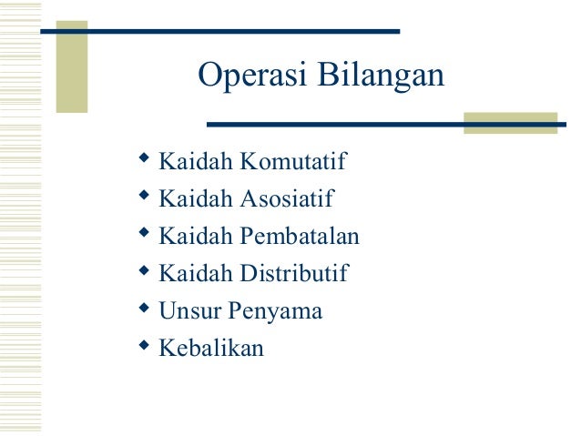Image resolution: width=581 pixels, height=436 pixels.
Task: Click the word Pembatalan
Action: coord(301,237)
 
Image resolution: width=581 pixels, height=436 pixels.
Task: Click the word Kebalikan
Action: coord(211,348)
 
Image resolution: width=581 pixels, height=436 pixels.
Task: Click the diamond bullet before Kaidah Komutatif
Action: coord(143,160)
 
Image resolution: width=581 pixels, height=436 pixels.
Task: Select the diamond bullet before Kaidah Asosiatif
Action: coord(143,198)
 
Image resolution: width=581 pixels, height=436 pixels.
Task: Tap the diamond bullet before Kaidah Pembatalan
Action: coord(143,235)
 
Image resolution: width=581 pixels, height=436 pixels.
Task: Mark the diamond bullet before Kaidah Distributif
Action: coord(143,272)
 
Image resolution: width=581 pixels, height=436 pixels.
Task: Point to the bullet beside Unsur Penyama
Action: coord(143,309)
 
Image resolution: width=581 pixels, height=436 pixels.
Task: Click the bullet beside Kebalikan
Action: coord(143,346)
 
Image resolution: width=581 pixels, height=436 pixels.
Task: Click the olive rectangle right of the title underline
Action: coord(510,123)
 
